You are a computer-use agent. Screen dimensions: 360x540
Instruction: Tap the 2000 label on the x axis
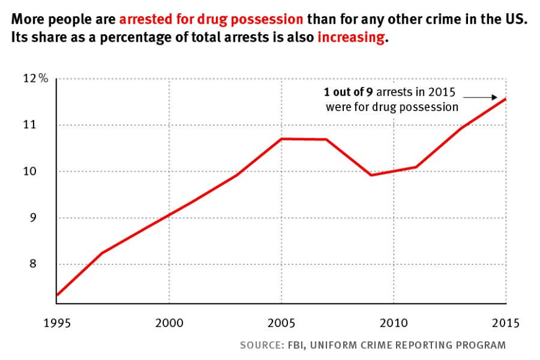tap(168, 323)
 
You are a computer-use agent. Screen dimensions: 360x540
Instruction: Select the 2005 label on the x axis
tap(281, 323)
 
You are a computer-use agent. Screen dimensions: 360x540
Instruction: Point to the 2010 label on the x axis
tap(394, 323)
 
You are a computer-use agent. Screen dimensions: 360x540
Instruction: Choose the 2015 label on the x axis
tap(505, 323)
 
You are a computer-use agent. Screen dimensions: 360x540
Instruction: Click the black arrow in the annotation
tap(482, 97)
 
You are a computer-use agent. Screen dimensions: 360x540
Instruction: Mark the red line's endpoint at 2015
tap(506, 99)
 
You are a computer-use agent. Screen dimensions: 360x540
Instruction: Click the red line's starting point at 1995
tap(56, 295)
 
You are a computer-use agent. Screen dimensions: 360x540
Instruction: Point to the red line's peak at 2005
tap(282, 138)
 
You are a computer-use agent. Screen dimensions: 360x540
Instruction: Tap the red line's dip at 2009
tap(371, 175)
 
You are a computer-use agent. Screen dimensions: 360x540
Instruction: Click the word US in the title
tap(516, 19)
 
